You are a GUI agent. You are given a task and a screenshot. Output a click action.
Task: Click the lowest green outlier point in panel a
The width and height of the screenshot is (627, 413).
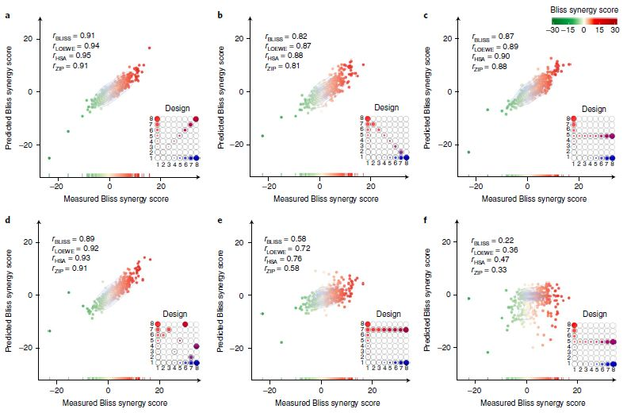(49, 158)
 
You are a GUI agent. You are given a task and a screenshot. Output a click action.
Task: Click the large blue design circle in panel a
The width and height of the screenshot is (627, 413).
(196, 158)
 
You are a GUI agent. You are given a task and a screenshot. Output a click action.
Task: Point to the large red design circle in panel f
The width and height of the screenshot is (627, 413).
(574, 326)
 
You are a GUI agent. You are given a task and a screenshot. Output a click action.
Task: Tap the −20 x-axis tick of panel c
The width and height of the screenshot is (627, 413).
(476, 185)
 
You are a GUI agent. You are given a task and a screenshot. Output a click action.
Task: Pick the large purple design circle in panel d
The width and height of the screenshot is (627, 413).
(196, 345)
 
